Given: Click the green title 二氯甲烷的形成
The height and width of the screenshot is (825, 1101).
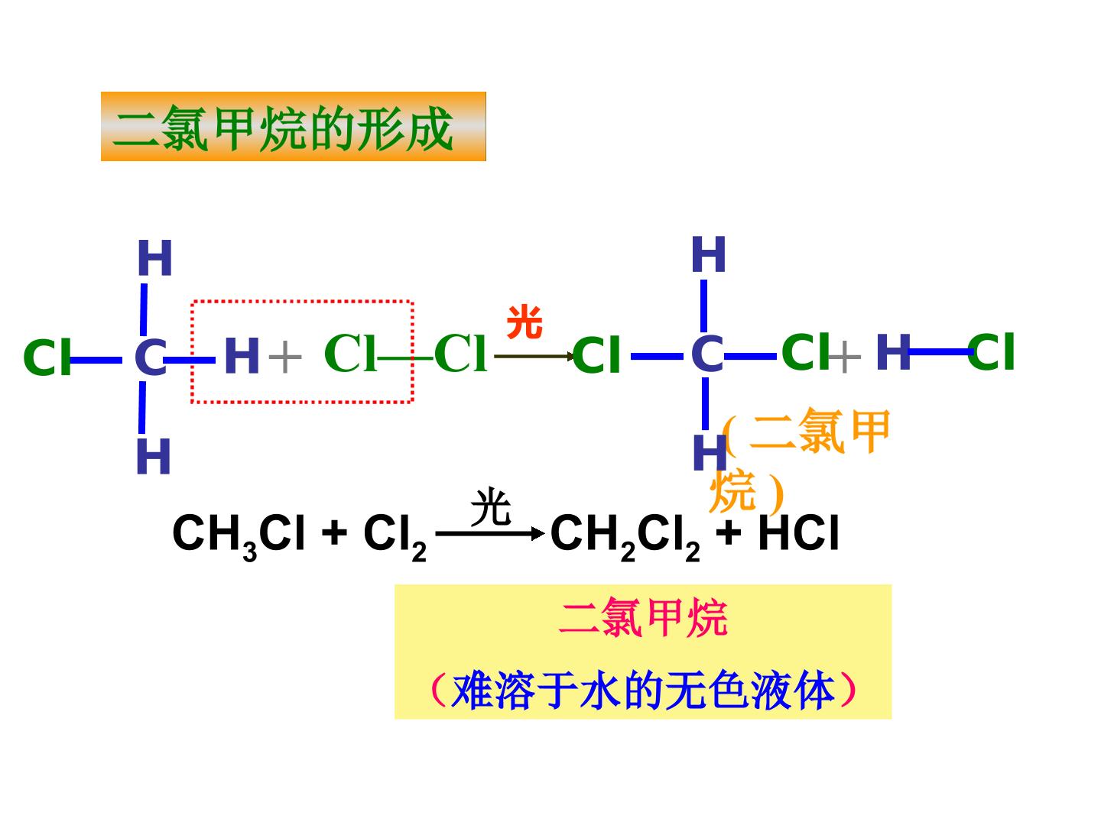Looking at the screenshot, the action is (282, 128).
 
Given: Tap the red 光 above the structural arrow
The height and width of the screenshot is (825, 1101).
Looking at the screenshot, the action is (525, 322).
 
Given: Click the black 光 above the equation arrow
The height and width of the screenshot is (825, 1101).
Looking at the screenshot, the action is (490, 506).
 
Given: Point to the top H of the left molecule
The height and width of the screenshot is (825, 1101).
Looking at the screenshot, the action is (154, 257).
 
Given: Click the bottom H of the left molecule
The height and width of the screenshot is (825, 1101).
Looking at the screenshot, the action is (154, 456).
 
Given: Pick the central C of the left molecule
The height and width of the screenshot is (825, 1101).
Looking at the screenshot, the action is (151, 357).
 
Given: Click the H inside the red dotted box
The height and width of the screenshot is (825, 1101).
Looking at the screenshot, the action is (242, 355).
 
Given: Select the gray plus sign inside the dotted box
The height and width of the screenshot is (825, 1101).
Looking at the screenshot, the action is (285, 357).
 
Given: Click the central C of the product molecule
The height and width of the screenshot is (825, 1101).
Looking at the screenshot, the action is (706, 354).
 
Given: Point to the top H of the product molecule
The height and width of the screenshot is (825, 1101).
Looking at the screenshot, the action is (708, 254).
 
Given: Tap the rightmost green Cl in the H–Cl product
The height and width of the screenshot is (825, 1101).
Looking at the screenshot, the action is (991, 351).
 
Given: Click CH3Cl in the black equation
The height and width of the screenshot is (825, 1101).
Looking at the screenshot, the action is (239, 535).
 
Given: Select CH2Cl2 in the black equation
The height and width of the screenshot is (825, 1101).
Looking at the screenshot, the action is (625, 535).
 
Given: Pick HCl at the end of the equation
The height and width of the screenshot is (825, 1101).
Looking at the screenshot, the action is (798, 532).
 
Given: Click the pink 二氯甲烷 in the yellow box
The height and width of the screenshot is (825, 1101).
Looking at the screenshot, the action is (643, 618).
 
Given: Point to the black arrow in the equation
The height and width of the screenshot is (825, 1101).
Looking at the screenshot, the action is (490, 533).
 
